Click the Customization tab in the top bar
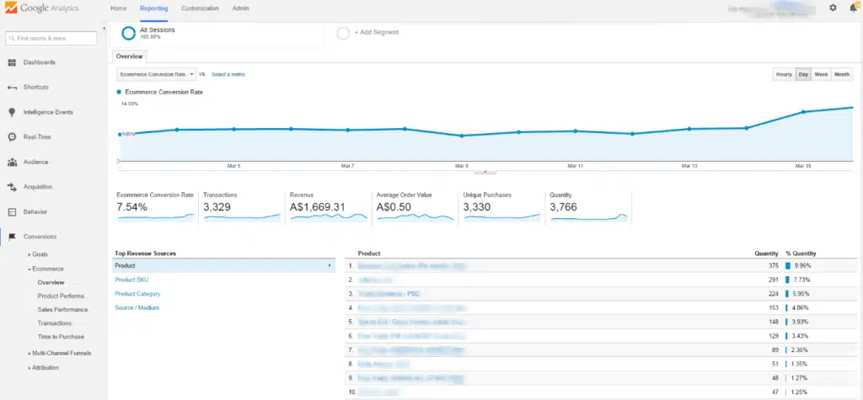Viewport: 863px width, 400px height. pos(201,8)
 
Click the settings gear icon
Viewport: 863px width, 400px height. pos(833,8)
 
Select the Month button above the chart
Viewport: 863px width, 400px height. pos(842,75)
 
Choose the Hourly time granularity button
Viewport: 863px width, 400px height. pos(784,75)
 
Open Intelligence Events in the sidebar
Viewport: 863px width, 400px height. pos(48,112)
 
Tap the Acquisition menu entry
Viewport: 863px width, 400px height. pos(38,187)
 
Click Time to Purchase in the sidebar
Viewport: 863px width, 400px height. pos(62,336)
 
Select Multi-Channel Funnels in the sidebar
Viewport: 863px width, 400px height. pos(63,353)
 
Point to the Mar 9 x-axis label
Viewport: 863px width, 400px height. pos(461,166)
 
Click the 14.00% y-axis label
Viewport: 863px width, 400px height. pos(129,104)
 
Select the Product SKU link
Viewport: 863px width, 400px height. pos(131,280)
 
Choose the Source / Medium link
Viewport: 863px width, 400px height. pos(137,307)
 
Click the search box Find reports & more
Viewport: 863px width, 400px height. pos(52,38)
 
